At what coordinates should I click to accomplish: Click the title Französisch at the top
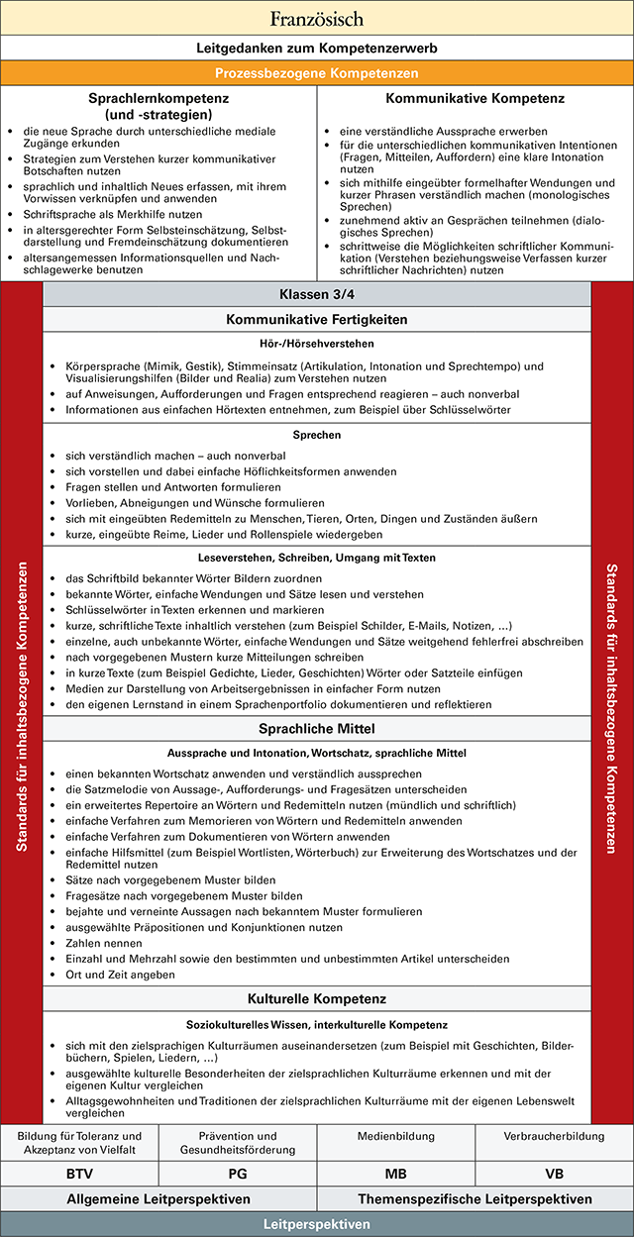coord(317,18)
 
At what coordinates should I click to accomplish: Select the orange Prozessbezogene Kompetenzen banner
coord(317,72)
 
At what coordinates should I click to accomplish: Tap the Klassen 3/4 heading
coord(317,295)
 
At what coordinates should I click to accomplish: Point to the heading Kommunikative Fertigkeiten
coord(317,319)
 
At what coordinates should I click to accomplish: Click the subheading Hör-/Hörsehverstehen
coord(317,344)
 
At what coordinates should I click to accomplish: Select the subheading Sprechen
coord(317,435)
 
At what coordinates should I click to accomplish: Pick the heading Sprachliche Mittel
coord(317,729)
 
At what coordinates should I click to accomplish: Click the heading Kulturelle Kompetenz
coord(317,997)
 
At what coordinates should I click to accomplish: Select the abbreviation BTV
coord(79,1174)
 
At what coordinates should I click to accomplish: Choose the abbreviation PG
coord(238,1174)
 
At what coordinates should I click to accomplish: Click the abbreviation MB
coord(396,1174)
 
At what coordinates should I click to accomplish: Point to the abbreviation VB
coord(555,1174)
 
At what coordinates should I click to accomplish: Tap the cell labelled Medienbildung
coord(396,1136)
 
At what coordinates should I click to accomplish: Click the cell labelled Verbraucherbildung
coord(555,1136)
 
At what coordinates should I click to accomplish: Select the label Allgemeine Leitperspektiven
coord(158,1199)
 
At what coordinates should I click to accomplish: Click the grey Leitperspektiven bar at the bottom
coord(317,1224)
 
